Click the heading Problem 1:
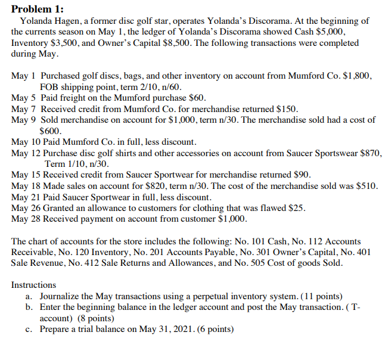[x=38, y=8]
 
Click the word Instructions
[x=33, y=285]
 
